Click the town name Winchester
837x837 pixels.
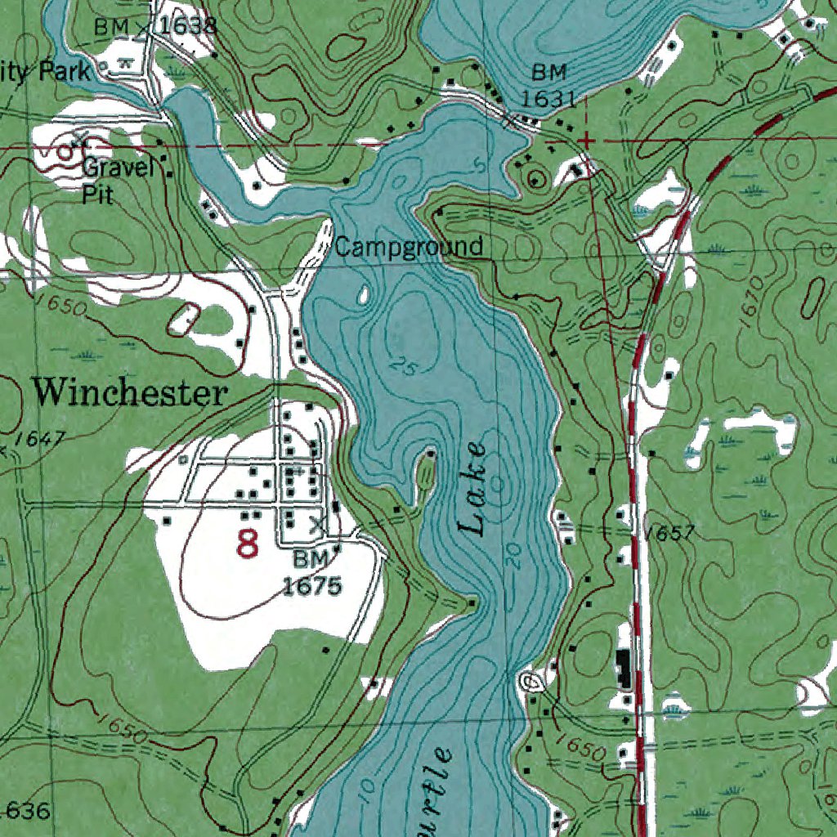click(129, 393)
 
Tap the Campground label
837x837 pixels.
click(409, 247)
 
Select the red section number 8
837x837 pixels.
click(247, 544)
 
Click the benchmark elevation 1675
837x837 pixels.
click(311, 585)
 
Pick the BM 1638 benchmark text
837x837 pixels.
click(155, 26)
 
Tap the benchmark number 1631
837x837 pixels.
click(549, 99)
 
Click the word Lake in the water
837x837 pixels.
click(473, 489)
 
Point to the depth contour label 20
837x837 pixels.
click(513, 557)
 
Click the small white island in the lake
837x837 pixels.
click(360, 295)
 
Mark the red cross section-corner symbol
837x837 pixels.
click(586, 142)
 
